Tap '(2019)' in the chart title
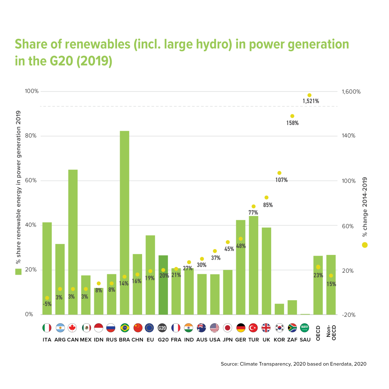tap(94, 61)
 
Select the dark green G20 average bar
tap(163, 285)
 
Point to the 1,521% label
tap(310, 101)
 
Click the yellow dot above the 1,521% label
tap(309, 95)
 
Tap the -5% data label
tap(47, 304)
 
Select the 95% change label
tap(268, 205)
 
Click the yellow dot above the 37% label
tap(215, 251)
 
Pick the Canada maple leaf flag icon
tap(72, 328)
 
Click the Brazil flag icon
tap(125, 328)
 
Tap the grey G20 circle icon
tap(162, 328)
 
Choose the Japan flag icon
tap(228, 328)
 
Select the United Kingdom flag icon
tap(266, 328)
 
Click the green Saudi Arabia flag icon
tap(305, 328)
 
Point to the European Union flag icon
tap(149, 328)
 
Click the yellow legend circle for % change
tap(365, 245)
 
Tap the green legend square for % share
tap(18, 272)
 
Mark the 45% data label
tap(229, 249)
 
